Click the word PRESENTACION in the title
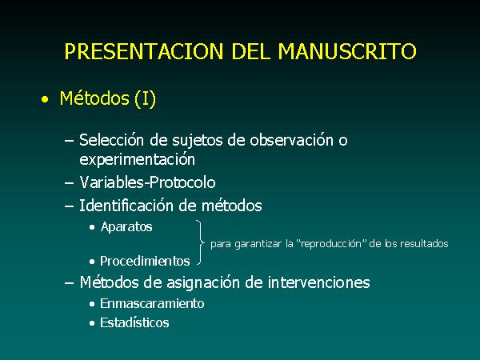tap(144, 51)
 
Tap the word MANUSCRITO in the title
tap(347, 51)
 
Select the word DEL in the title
tap(251, 51)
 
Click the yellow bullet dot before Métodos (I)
tap(45, 99)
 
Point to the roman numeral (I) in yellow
tap(145, 98)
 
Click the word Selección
tap(111, 140)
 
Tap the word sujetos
tap(197, 141)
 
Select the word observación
tap(291, 140)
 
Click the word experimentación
tap(137, 160)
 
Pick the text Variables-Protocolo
tap(147, 182)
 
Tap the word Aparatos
tap(126, 227)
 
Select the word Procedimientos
tap(145, 261)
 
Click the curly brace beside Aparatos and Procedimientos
tap(201, 242)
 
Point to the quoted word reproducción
tap(331, 244)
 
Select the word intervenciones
tap(319, 282)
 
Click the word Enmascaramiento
tap(152, 304)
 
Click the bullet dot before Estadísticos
tap(92, 323)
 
